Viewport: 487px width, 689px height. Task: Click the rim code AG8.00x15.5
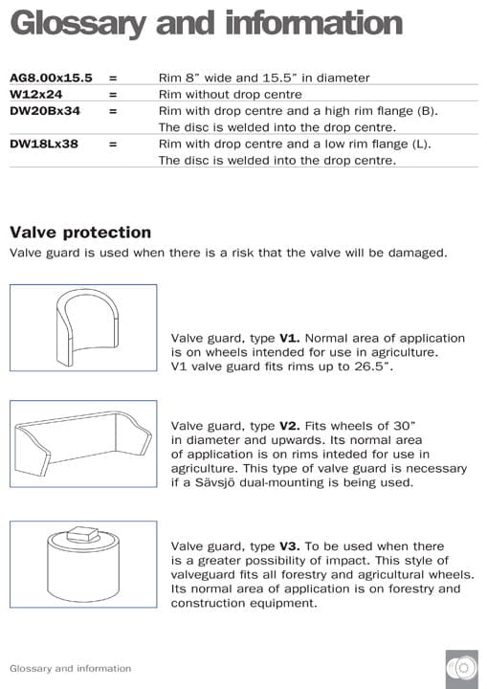point(51,78)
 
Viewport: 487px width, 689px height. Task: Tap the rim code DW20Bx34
point(44,111)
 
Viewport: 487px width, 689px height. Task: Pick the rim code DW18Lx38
point(44,144)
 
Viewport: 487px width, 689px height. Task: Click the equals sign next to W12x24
point(112,95)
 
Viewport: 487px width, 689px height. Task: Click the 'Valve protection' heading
point(80,232)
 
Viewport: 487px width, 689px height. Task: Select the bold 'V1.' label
point(290,338)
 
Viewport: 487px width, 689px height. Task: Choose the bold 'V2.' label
point(290,425)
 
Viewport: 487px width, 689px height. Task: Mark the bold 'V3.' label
point(290,545)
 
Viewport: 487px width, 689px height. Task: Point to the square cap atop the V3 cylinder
point(83,532)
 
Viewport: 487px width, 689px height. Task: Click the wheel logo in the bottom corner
point(461,666)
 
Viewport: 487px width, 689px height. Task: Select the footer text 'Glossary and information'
point(70,668)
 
